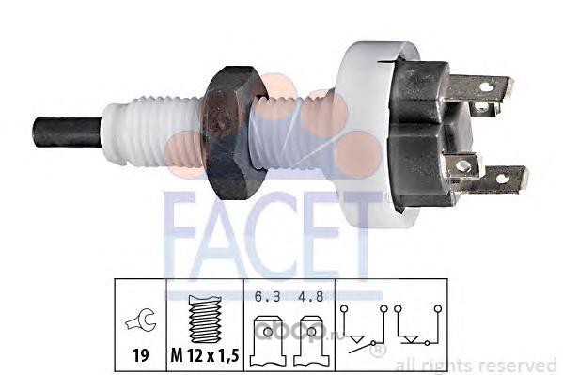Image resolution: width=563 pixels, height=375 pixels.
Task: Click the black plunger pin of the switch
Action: [67, 132]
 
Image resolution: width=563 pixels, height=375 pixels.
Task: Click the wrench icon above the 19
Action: [140, 320]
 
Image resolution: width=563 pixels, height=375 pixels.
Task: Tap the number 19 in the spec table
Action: [140, 355]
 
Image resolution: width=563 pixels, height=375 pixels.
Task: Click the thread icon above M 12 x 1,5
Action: [204, 319]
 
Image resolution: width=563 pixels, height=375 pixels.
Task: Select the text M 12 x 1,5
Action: [205, 355]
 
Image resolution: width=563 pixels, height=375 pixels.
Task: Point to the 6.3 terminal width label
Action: [267, 297]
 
